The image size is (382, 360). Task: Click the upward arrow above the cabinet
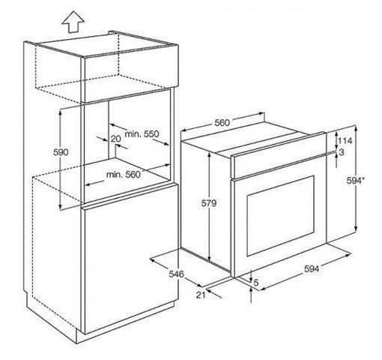coord(73,22)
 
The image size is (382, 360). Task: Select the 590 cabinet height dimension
coord(61,152)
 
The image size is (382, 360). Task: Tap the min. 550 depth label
coord(142,134)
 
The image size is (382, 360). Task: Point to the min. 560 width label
coord(124,175)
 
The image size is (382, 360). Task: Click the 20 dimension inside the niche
coord(115,139)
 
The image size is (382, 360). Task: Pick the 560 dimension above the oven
coord(222,123)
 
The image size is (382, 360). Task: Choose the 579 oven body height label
coord(209,203)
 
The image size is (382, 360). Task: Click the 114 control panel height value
coord(345,141)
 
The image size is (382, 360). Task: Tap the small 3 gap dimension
coord(342,151)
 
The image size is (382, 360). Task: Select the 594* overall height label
coord(356,180)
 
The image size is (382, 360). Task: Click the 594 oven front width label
coord(312,268)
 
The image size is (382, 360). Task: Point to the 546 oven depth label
coord(176,274)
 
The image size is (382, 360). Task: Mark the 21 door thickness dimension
coord(201,295)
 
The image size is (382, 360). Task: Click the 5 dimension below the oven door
coord(256,283)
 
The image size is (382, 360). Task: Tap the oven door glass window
coord(280,216)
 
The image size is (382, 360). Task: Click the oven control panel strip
coord(279,155)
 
